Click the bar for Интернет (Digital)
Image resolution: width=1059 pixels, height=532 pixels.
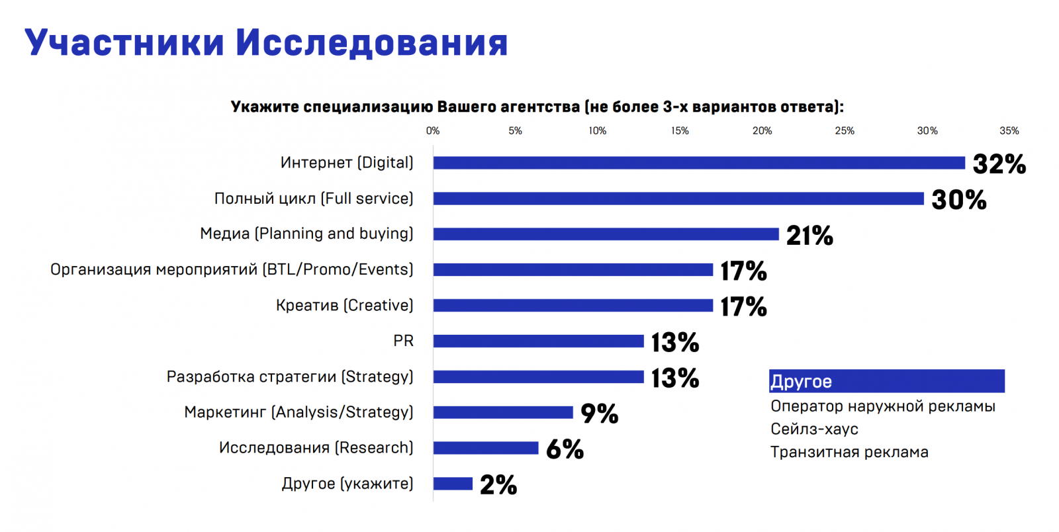699,163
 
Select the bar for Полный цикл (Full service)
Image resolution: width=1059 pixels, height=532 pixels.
678,199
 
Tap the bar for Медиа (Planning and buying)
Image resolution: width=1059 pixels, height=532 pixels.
606,234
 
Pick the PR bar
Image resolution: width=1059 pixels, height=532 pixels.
538,341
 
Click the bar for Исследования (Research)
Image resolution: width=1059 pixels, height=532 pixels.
486,448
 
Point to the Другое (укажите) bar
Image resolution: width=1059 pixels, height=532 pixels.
453,484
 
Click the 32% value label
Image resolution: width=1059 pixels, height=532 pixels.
999,164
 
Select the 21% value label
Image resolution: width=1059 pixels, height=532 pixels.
809,236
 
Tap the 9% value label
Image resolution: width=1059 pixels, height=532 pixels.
599,414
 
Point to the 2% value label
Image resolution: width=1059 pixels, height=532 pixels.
498,485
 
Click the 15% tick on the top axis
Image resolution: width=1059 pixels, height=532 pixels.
680,131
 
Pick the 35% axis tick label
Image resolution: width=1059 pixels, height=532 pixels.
1009,131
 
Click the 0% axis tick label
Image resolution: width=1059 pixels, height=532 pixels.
433,131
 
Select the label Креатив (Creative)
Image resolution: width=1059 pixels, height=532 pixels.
344,305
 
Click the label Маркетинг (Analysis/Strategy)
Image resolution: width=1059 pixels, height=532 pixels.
299,412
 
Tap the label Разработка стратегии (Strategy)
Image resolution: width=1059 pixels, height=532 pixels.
290,377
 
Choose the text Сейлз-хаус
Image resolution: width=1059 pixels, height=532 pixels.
814,429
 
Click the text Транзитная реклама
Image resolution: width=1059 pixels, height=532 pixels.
849,452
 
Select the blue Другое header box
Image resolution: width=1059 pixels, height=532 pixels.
886,381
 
